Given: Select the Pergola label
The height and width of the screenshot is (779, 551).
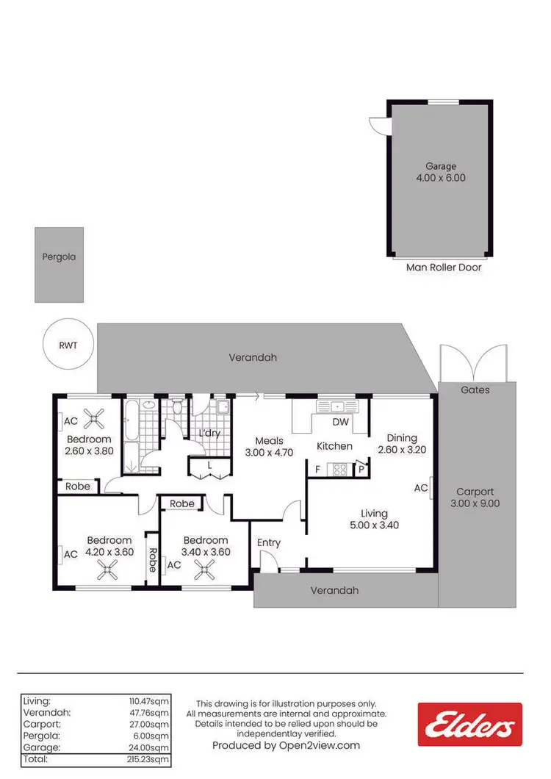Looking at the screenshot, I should pos(59,257).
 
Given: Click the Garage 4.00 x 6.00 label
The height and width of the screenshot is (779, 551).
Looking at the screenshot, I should pos(441,172).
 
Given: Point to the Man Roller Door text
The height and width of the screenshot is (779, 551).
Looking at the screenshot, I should pos(444,268).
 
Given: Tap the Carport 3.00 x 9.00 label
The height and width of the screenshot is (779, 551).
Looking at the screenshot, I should pos(475,498).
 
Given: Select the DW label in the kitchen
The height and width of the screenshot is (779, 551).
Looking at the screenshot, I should pos(340,422).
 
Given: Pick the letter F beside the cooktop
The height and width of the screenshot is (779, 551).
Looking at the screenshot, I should pos(317,468).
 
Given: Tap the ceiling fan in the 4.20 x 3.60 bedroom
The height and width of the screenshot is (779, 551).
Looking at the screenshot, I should pos(109,568).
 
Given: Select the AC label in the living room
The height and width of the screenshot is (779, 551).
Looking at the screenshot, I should pos(421,487).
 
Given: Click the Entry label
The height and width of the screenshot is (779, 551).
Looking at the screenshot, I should pos(269,543).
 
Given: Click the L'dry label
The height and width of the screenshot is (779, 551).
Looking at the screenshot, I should pos(209,434).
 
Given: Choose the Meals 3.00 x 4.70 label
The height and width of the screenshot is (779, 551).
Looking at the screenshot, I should pos(269,447).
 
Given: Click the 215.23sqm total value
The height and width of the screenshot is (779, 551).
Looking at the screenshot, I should pos(149,758).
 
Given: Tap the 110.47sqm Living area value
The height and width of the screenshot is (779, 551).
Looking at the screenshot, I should pos(149,701).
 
